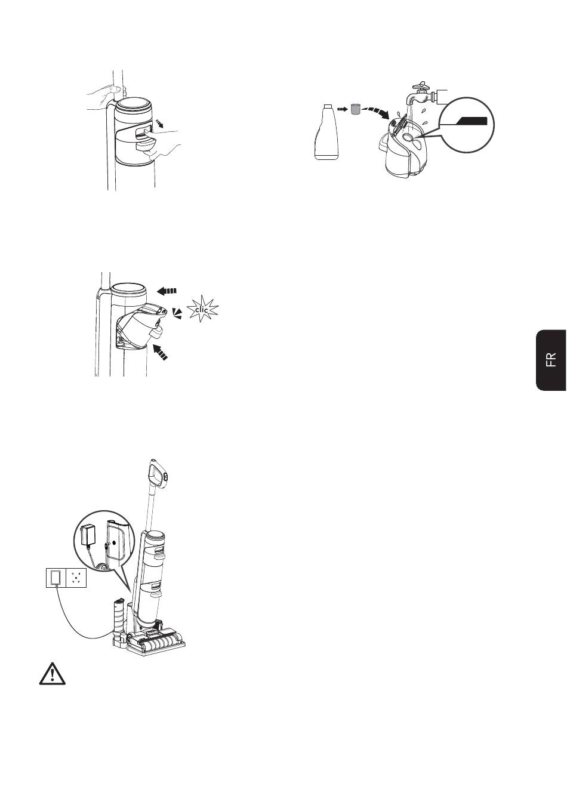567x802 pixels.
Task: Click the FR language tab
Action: tap(550, 360)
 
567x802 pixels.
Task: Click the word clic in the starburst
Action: tap(202, 309)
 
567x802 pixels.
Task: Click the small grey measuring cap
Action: tap(355, 109)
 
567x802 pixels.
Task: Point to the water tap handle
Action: tap(421, 86)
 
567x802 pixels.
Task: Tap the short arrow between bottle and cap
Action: tap(343, 109)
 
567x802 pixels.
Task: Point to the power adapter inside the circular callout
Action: tap(87, 535)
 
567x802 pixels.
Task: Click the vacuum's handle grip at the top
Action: tap(157, 474)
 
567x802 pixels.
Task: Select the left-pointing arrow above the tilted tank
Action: tap(167, 291)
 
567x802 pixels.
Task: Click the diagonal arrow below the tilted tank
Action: tap(160, 352)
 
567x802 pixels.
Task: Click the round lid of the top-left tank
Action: tap(132, 107)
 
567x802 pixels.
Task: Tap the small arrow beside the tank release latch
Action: tap(158, 124)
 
